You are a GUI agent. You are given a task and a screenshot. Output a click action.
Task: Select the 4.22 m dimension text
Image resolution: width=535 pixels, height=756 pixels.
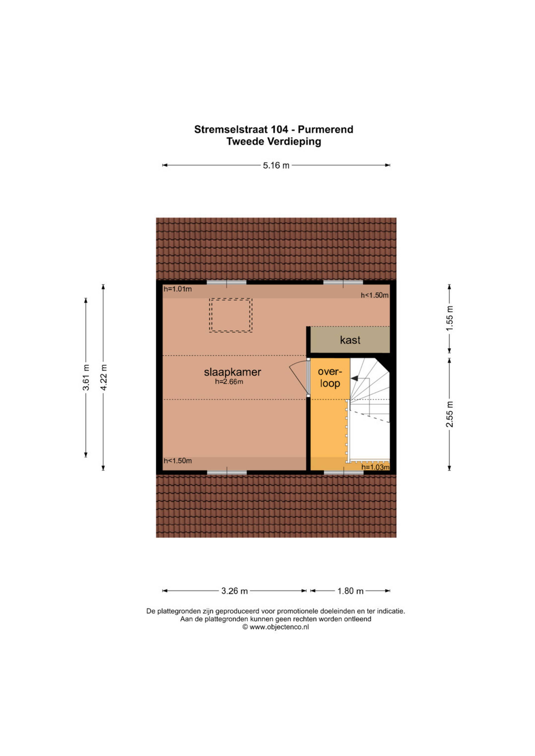point(103,377)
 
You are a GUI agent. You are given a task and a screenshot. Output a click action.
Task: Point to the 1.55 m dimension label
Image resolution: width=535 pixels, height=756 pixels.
point(450,318)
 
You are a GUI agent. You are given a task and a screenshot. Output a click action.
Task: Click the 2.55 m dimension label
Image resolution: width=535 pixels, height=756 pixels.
point(450,414)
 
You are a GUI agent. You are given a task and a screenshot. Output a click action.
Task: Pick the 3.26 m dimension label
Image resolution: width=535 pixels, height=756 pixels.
point(234,591)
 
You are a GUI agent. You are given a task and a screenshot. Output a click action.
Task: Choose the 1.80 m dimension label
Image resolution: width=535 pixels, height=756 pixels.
point(350,591)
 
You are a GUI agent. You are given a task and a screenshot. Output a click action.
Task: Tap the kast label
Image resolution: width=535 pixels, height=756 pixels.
point(350,340)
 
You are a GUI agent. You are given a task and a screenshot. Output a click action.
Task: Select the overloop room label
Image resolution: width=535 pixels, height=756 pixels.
point(329,377)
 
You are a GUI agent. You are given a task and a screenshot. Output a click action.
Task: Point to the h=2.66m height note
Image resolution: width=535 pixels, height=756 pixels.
point(229,382)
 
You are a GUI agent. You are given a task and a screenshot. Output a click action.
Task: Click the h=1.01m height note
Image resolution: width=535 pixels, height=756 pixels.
point(177,289)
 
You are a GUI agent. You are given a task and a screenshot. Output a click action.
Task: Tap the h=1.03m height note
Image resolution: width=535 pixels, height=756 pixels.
point(375,467)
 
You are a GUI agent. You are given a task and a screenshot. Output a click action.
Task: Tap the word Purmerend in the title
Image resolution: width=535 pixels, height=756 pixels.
point(325,130)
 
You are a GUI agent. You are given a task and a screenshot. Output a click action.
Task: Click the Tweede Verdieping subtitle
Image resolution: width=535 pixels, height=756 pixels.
point(274,141)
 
